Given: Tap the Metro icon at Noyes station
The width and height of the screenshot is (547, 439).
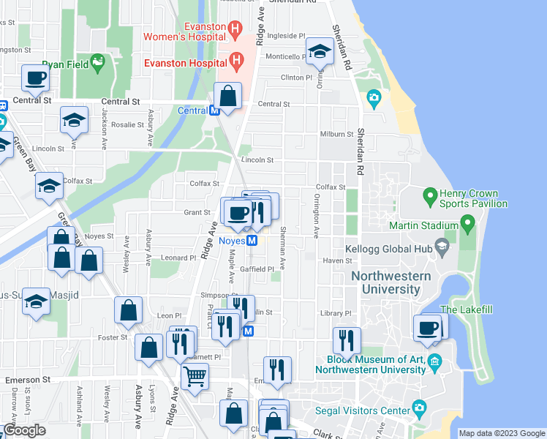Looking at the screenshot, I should coord(252,241).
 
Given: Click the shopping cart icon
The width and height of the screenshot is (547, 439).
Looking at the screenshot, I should coord(195,377).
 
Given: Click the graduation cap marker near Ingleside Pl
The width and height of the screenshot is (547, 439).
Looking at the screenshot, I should coord(319,51).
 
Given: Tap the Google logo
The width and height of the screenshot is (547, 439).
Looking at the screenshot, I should coord(25,430).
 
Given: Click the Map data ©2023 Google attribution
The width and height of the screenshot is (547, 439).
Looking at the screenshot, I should coord(501,433).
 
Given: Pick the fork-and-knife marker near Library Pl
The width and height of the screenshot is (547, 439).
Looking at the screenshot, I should coord(347,339).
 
